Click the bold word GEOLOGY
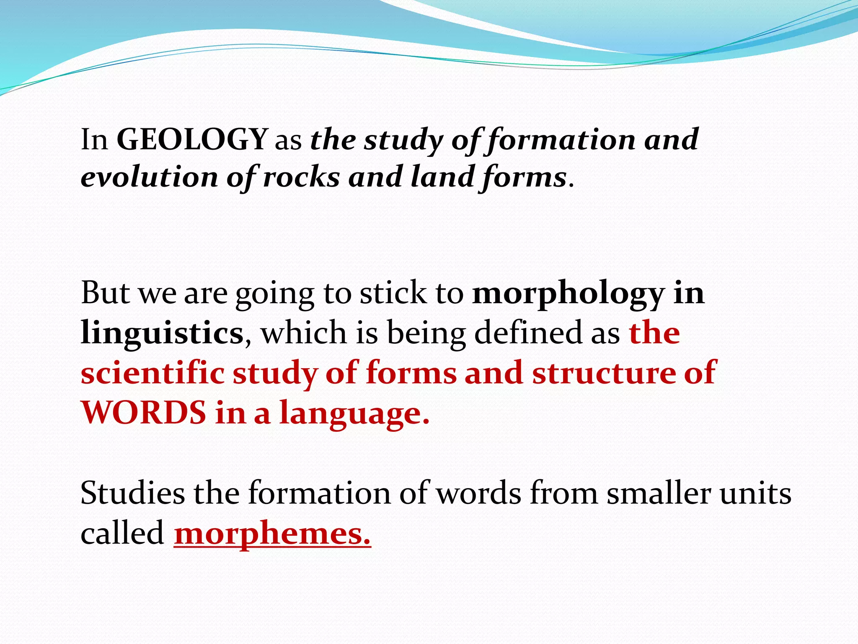(192, 139)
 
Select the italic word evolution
(149, 177)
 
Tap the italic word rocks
(301, 177)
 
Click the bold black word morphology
(568, 293)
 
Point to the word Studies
(132, 493)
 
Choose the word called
(122, 533)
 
